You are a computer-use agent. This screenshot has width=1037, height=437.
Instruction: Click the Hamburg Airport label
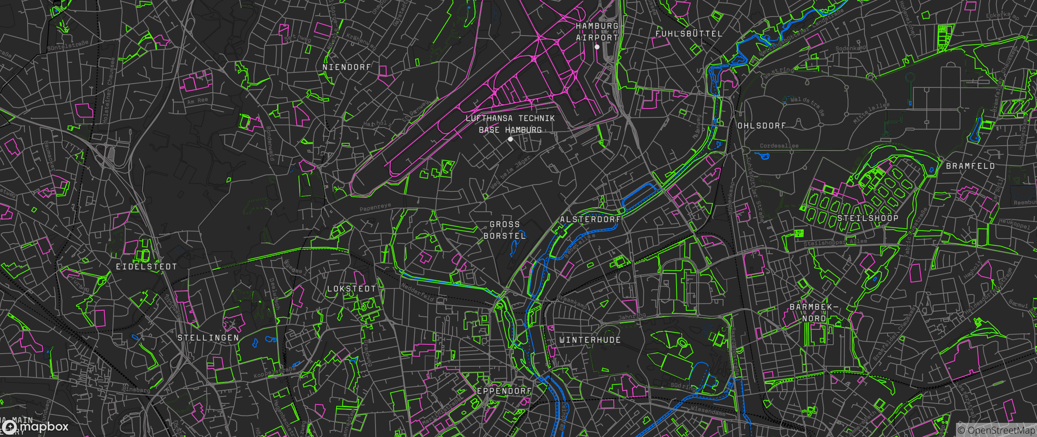(x=597, y=32)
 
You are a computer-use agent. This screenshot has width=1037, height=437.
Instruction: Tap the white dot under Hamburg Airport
(x=597, y=47)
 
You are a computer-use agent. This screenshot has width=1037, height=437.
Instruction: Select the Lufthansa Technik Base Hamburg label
(x=510, y=124)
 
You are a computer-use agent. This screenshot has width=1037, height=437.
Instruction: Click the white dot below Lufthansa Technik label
(x=510, y=139)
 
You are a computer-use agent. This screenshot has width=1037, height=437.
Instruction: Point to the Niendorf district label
(x=347, y=67)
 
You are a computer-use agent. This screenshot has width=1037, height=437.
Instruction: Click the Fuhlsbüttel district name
(x=689, y=34)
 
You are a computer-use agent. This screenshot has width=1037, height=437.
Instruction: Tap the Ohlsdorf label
(x=762, y=126)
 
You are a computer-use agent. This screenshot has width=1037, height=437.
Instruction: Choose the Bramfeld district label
(x=970, y=166)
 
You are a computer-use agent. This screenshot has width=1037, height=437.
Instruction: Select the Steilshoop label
(x=868, y=218)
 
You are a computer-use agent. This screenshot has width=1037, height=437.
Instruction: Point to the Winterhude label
(x=590, y=340)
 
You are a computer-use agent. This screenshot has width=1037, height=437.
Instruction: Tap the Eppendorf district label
(x=504, y=391)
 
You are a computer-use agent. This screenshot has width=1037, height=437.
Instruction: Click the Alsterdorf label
(x=590, y=219)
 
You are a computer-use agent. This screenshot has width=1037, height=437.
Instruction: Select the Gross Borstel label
(x=505, y=230)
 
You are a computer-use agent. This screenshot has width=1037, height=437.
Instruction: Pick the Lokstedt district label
(x=352, y=289)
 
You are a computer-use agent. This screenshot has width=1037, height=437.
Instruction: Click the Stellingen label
(x=208, y=338)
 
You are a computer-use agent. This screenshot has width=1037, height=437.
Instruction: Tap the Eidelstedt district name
(x=147, y=267)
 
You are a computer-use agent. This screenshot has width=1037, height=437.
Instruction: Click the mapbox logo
(x=36, y=427)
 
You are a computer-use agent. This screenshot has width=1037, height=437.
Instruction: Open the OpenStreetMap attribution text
(x=996, y=431)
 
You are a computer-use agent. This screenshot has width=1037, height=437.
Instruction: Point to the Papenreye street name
(x=375, y=208)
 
